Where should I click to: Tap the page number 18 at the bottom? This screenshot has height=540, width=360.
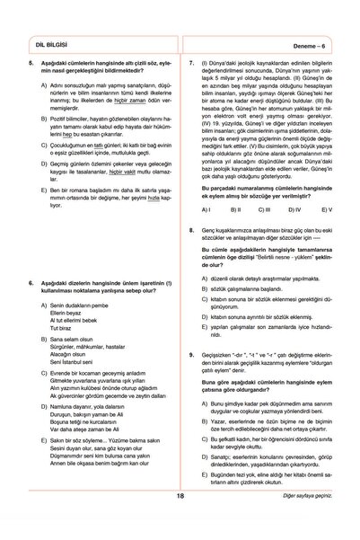pyautogui.click(x=180, y=519)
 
